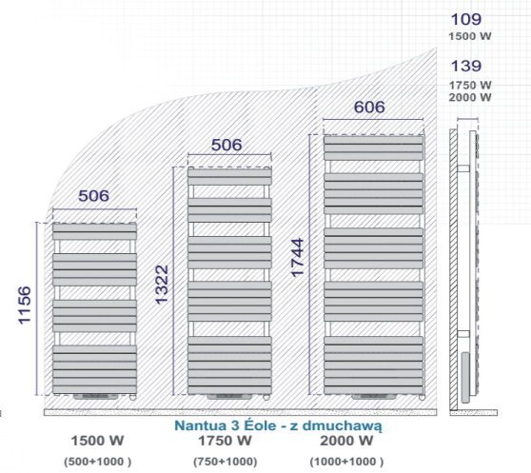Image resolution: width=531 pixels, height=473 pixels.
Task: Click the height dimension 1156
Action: point(25,305)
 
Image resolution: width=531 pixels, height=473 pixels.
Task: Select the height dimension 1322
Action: point(162,285)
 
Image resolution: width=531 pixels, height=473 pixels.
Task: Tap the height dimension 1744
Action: point(298,258)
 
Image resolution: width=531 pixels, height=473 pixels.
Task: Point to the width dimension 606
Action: point(369,107)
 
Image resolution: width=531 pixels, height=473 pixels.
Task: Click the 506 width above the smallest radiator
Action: point(94,196)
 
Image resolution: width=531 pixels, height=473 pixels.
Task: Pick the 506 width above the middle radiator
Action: point(226,145)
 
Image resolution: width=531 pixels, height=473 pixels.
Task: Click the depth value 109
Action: point(466,19)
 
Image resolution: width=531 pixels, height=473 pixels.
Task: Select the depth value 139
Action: point(466,66)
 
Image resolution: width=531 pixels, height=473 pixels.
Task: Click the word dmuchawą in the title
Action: point(342,426)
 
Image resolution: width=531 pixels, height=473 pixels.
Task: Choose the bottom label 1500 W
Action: point(97,441)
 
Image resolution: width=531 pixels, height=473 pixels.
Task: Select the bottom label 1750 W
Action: point(225,441)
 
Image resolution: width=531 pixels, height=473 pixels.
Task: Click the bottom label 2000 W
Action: point(346,441)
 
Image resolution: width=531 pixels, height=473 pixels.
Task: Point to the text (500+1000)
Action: point(97,462)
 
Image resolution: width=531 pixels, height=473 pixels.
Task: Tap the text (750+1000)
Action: point(226,462)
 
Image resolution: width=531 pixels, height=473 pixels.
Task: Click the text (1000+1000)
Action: point(346,462)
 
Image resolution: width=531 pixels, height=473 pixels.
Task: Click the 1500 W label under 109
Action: point(470,36)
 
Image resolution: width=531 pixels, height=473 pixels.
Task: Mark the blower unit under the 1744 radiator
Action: point(374,397)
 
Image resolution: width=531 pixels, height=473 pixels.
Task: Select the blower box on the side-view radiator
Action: point(465,378)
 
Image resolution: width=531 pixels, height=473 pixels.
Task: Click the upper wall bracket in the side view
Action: point(463,168)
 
